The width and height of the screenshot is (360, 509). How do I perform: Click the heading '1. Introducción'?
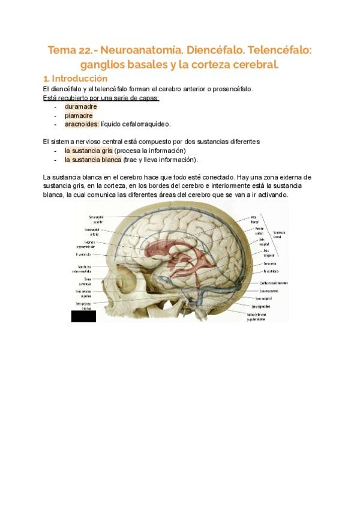75,79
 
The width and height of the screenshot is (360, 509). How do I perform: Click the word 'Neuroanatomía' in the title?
139,50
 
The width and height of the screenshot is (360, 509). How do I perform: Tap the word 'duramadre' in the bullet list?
80,106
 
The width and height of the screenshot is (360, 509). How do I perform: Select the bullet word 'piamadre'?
78,115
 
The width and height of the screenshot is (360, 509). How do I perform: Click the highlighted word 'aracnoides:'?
82,124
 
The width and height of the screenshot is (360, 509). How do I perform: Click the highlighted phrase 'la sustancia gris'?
88,151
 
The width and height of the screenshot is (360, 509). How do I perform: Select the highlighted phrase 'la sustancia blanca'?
92,160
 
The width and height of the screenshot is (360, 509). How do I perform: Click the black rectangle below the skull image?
83,316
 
